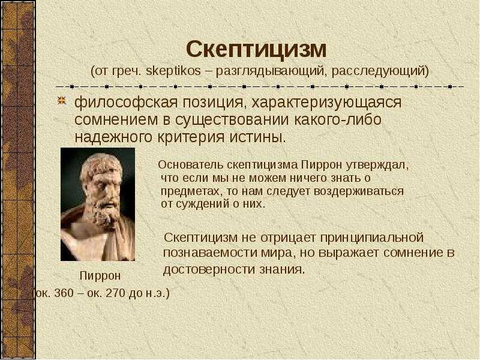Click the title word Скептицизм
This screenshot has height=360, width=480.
(257, 50)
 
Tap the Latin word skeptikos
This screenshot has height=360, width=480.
(173, 71)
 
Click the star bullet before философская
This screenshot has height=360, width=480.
(62, 101)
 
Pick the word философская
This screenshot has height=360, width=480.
(126, 102)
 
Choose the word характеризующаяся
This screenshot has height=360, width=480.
(326, 102)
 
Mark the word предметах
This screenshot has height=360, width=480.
(190, 191)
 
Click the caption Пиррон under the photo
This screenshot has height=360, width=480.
(100, 276)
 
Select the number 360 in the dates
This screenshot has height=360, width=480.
(64, 293)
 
